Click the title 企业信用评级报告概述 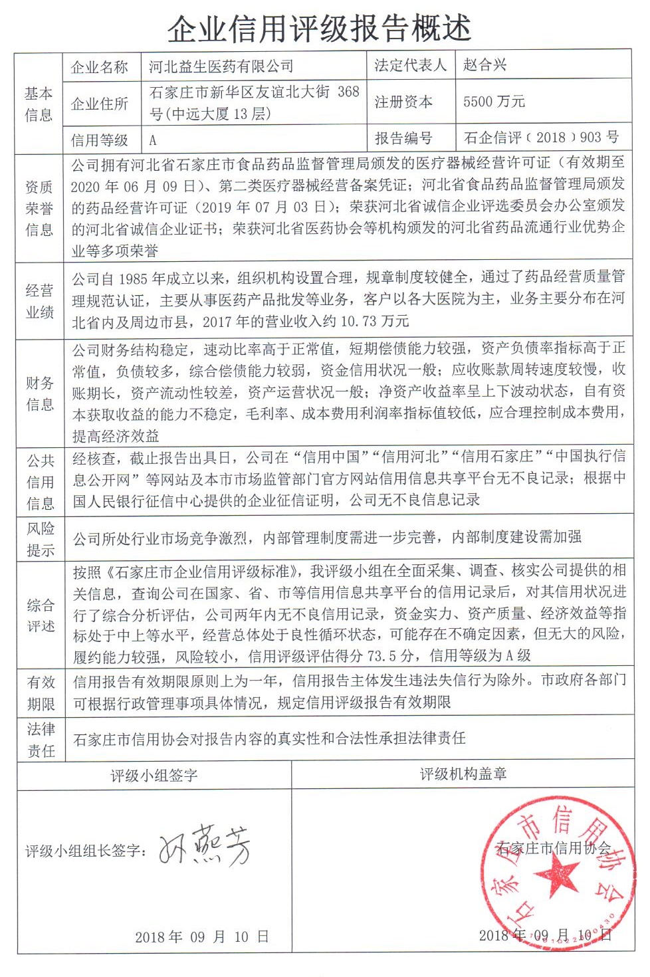319,28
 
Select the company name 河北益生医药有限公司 221,66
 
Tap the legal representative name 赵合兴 485,65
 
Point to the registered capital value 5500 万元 494,102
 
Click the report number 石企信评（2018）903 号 541,138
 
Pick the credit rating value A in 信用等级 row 153,140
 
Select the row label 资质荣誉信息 39,208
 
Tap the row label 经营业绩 39,301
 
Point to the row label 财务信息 39,393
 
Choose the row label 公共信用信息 40,482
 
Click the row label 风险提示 40,539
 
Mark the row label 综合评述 40,615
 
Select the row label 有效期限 41,693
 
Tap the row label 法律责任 41,740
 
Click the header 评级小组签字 154,776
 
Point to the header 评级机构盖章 463,774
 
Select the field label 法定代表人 410,65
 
